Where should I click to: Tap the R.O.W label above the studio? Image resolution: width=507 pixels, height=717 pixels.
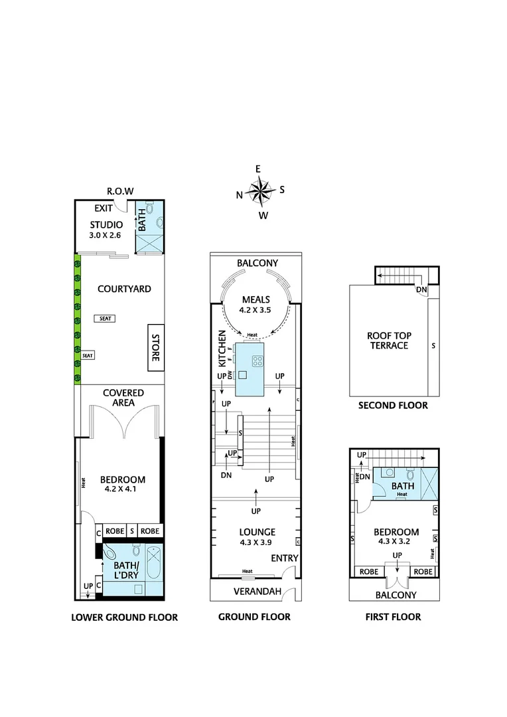click(120, 191)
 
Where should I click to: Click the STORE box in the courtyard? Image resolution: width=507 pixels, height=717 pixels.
click(154, 347)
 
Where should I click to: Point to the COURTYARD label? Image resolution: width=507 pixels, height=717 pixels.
click(124, 289)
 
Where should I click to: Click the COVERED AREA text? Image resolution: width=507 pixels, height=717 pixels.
click(123, 398)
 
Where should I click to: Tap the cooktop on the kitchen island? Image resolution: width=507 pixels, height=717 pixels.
click(257, 361)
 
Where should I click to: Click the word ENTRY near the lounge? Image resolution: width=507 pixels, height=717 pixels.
click(285, 558)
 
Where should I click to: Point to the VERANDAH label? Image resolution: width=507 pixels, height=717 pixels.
click(254, 591)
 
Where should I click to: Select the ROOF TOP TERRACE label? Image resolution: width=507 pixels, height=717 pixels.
click(388, 341)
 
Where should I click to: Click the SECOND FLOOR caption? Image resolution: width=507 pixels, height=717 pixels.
click(393, 405)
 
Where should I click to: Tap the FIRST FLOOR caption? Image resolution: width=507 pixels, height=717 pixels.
click(393, 617)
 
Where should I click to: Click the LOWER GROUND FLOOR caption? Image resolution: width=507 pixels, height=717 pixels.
click(124, 617)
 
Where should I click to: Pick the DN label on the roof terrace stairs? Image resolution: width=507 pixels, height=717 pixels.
click(421, 289)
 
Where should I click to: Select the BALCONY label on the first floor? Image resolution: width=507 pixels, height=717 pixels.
click(396, 595)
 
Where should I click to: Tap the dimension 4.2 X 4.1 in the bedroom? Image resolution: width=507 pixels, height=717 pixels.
click(123, 489)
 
